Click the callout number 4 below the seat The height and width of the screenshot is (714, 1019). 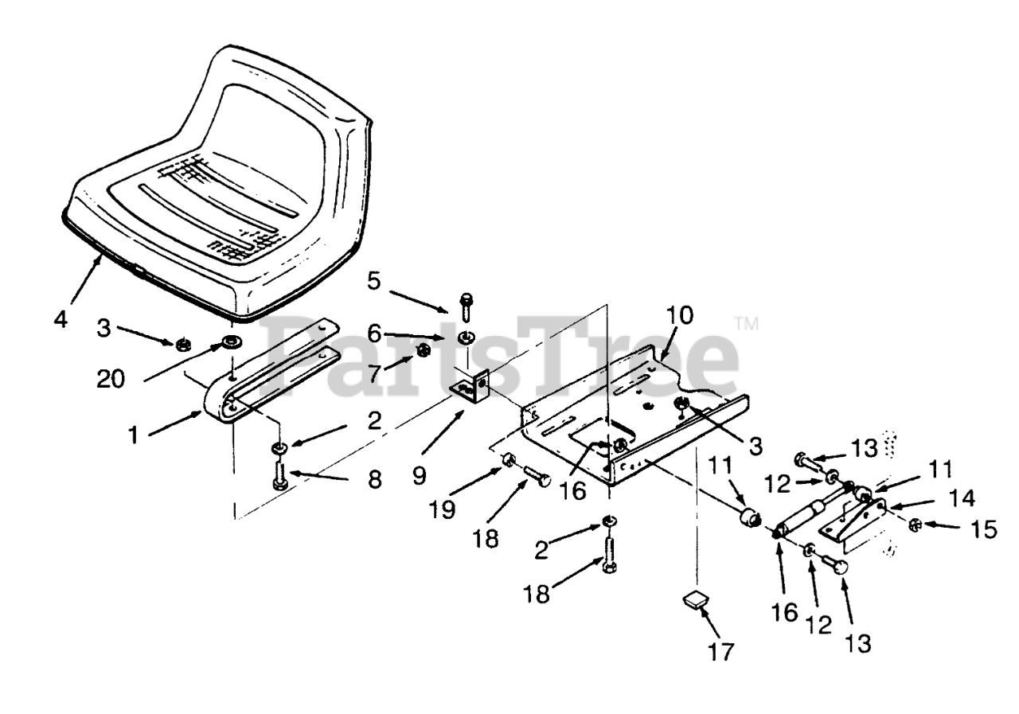61,320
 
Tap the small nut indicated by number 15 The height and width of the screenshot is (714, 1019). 916,525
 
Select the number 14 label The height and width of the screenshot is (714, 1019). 962,498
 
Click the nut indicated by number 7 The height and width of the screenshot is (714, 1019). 424,349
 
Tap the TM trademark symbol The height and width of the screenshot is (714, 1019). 747,324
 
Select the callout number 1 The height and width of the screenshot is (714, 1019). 136,435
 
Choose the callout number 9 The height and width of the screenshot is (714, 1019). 419,475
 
